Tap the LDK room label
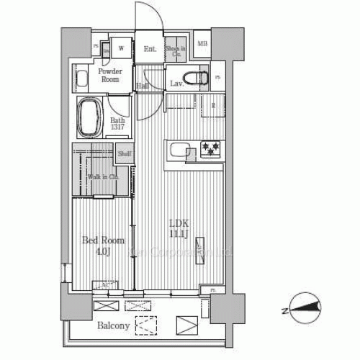click(x=179, y=222)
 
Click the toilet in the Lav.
click(x=195, y=77)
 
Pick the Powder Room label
click(x=110, y=76)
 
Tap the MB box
click(x=202, y=44)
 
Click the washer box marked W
click(x=121, y=49)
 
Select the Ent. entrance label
click(x=150, y=49)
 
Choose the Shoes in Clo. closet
click(x=175, y=51)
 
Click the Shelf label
click(x=125, y=153)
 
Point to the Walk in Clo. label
click(x=103, y=177)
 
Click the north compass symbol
click(x=305, y=309)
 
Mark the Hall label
click(x=142, y=86)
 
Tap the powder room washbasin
click(x=81, y=78)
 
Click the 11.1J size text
click(x=179, y=233)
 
